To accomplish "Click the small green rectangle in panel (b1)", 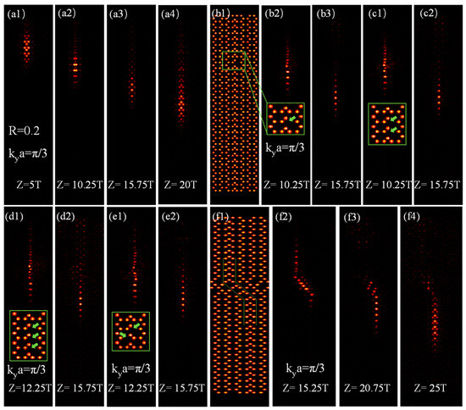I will pos(233,60).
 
